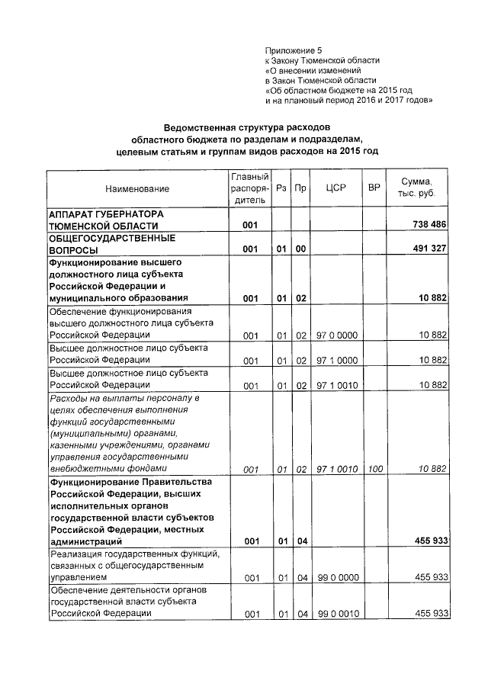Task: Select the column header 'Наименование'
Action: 137,188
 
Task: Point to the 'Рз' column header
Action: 281,188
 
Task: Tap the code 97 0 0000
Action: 336,335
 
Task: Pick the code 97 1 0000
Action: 336,360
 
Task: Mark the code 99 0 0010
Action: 336,614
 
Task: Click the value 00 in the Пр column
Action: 300,249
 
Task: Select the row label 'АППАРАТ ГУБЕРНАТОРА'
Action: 106,214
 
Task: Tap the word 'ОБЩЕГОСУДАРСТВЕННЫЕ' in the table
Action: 106,238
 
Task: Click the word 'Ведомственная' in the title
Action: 204,126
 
